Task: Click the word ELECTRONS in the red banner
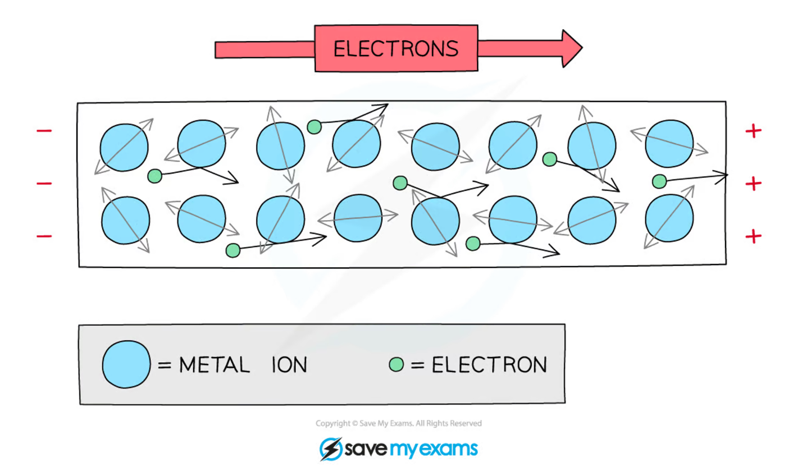[x=396, y=48]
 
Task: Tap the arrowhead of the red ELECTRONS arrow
[x=570, y=49]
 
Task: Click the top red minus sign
[x=44, y=131]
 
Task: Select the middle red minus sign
[x=44, y=184]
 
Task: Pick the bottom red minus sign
[x=44, y=236]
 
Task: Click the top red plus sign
[x=753, y=131]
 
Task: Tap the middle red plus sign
[x=753, y=184]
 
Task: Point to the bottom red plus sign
[x=753, y=236]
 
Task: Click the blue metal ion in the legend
[x=126, y=364]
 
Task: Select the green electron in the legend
[x=397, y=366]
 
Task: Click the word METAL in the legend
[x=214, y=366]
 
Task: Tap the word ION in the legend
[x=289, y=366]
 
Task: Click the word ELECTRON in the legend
[x=489, y=366]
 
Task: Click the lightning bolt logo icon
[x=331, y=449]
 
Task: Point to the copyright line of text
[x=398, y=423]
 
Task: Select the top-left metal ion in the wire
[x=124, y=147]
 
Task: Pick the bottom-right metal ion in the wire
[x=669, y=219]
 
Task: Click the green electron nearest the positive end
[x=659, y=181]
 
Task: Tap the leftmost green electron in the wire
[x=154, y=176]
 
